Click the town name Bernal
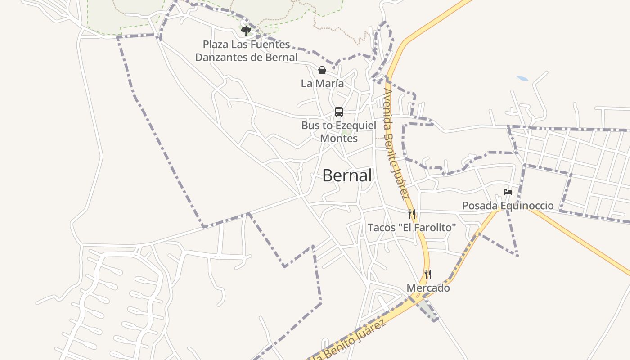click(x=347, y=175)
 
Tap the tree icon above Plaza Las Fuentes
click(x=246, y=31)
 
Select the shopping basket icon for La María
click(x=322, y=70)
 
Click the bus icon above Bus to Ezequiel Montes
click(x=339, y=112)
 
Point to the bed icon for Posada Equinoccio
click(x=508, y=192)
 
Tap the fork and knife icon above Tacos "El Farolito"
click(x=412, y=214)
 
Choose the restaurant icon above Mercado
click(x=428, y=274)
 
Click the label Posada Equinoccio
click(x=508, y=206)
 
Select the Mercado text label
click(x=428, y=288)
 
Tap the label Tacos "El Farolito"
click(x=412, y=228)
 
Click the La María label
click(x=322, y=83)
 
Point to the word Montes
click(x=339, y=139)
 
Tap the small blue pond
click(x=522, y=78)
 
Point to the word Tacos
click(x=382, y=228)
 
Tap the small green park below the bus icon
click(x=346, y=133)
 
